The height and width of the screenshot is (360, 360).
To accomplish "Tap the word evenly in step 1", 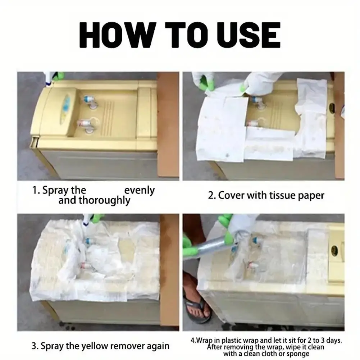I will click(x=140, y=190).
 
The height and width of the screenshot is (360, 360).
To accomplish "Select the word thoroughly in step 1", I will click(x=105, y=200).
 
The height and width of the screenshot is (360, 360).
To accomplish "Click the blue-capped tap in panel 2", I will click(x=256, y=99).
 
